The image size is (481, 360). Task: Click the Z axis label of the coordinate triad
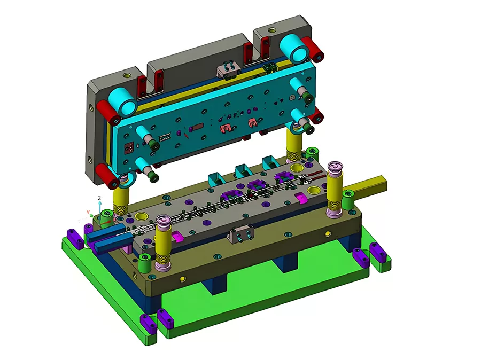click(x=100, y=198)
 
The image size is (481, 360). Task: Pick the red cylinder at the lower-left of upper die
click(x=107, y=176)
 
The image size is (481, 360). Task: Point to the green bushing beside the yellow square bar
click(x=348, y=201)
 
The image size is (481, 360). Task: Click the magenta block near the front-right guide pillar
click(x=301, y=198)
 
